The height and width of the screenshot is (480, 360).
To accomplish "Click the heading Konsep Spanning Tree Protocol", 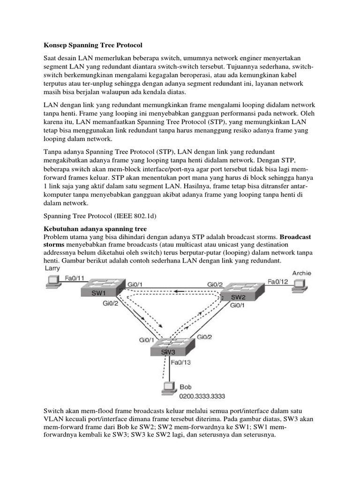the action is [93, 45].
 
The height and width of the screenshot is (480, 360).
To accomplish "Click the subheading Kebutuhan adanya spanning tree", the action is [95, 229].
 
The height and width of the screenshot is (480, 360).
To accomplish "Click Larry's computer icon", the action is [52, 281].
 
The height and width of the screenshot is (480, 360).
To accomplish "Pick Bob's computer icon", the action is [169, 388].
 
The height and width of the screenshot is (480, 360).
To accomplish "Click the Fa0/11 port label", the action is [75, 278].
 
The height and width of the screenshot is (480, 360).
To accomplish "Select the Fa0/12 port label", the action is [278, 281].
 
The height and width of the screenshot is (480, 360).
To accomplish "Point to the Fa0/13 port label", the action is [180, 362].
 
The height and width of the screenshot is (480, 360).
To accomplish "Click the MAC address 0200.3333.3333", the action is [202, 396].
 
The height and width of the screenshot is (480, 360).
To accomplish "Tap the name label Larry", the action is [52, 269].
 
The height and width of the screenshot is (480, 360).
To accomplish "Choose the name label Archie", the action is [301, 273].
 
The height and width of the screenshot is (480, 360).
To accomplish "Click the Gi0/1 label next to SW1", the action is [135, 285].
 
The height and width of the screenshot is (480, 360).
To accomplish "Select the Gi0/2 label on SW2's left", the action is [215, 285].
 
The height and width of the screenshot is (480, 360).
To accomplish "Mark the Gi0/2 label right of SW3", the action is [204, 337].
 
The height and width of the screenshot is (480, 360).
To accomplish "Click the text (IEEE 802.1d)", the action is [135, 216].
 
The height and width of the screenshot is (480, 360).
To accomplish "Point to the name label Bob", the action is [186, 387].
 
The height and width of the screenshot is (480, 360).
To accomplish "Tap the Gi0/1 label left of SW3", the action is [147, 340].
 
